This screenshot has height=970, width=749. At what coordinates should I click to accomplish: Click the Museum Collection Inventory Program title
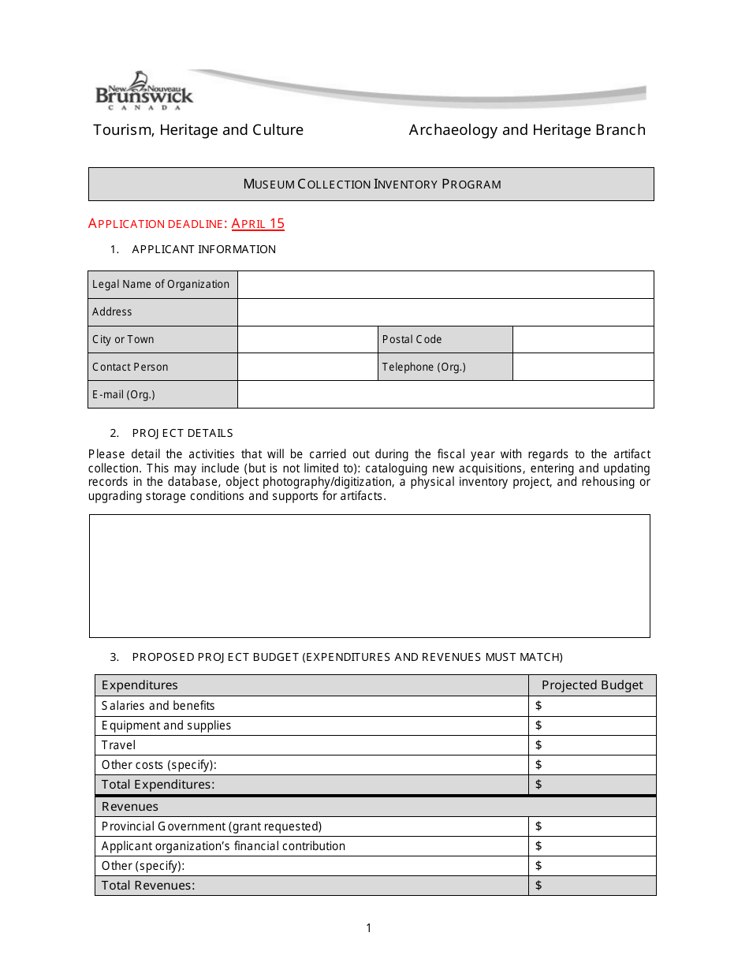371,185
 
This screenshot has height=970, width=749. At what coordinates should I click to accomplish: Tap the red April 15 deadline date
258,224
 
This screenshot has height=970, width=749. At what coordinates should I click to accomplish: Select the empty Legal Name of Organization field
445,285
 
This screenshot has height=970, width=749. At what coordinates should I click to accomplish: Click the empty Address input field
445,312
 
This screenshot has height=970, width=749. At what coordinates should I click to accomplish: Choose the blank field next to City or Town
307,340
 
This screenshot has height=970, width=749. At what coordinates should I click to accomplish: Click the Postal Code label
412,340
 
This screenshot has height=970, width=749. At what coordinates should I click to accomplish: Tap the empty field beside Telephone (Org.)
583,367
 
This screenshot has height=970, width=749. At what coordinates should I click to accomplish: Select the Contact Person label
130,367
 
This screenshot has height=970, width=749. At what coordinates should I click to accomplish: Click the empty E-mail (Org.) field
445,394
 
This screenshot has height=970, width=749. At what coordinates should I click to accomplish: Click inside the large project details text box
369,576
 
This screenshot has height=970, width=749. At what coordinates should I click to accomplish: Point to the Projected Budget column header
592,685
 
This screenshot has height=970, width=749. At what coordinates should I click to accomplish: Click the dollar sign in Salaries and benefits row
538,706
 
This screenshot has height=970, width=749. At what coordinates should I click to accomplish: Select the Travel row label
118,745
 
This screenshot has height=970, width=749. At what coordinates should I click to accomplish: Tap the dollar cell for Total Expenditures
591,785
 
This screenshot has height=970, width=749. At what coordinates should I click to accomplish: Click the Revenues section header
130,807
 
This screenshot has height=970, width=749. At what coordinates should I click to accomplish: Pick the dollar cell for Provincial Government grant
591,826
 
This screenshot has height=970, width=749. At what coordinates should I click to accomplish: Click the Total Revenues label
148,886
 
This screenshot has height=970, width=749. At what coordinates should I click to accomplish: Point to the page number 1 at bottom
368,928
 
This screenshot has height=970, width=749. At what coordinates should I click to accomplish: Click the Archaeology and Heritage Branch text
527,130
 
